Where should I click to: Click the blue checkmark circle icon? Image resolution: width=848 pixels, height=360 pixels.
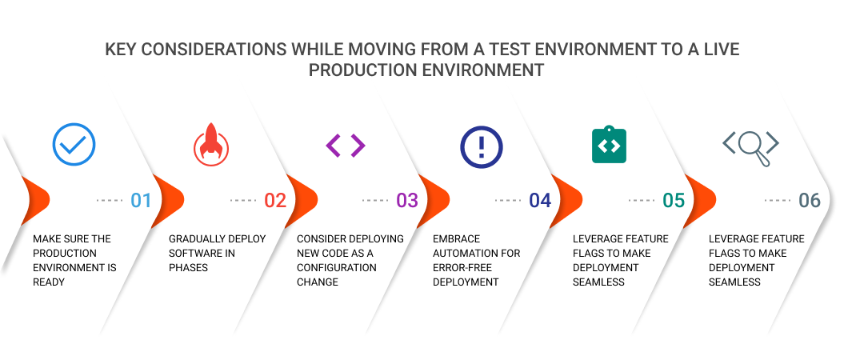click(74, 144)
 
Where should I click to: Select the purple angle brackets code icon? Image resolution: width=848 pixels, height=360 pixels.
click(346, 145)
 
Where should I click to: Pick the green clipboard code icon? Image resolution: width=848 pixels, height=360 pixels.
click(609, 145)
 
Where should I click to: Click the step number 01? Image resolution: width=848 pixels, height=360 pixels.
click(141, 200)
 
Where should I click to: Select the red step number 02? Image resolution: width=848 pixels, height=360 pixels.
click(275, 200)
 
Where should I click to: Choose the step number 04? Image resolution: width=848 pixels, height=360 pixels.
click(540, 200)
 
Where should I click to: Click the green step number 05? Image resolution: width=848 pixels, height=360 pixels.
click(674, 200)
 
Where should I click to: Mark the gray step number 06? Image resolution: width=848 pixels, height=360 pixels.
click(810, 200)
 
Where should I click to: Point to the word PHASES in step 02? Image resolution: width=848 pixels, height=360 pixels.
click(188, 268)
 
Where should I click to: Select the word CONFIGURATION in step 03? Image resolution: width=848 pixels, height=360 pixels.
click(337, 268)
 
